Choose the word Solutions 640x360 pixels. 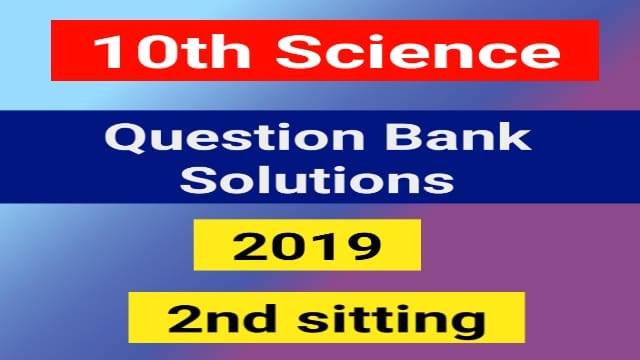click(320, 181)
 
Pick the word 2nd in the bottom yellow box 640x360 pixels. click(212, 320)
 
